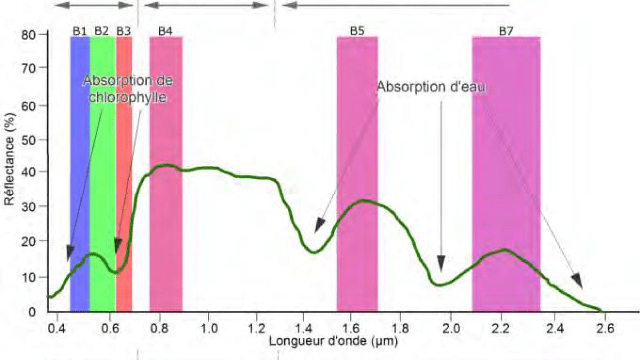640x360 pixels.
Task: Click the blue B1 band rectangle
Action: click(x=79, y=160)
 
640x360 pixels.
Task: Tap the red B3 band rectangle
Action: click(x=124, y=160)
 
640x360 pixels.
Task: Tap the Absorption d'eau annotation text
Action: click(x=431, y=87)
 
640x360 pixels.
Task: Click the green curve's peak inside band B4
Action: click(x=166, y=165)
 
